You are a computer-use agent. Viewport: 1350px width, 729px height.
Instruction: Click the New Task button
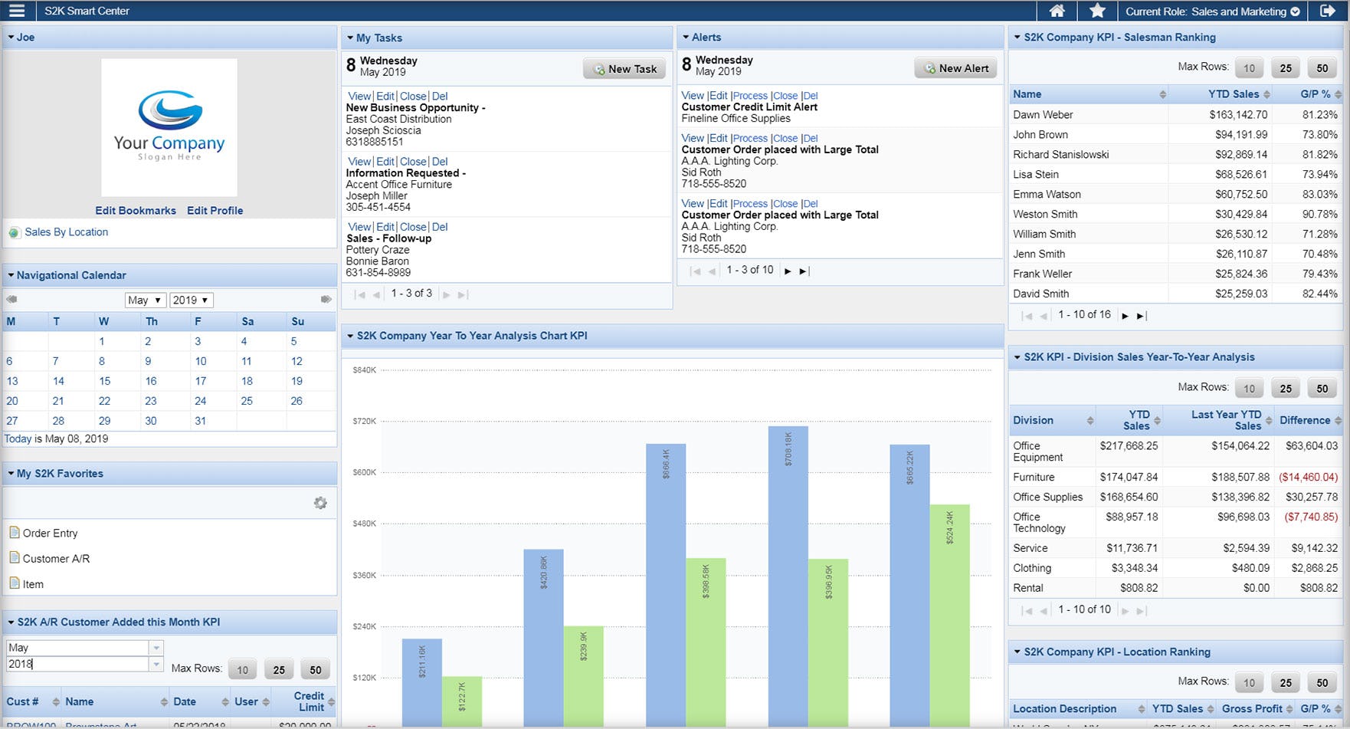pyautogui.click(x=624, y=69)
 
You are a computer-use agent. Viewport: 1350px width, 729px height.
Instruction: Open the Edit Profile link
pyautogui.click(x=215, y=211)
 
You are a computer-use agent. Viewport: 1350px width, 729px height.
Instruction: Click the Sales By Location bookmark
pyautogui.click(x=66, y=232)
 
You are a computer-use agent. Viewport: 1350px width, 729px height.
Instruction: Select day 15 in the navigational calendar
pyautogui.click(x=104, y=381)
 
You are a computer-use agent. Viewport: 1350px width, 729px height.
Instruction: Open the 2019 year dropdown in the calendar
pyautogui.click(x=191, y=300)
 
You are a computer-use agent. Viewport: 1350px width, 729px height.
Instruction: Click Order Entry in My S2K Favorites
pyautogui.click(x=50, y=534)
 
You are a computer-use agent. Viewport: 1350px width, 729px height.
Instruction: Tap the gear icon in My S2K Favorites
pyautogui.click(x=320, y=503)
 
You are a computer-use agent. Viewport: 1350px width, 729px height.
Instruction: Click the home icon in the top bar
pyautogui.click(x=1057, y=11)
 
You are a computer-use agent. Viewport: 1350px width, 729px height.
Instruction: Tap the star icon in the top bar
pyautogui.click(x=1097, y=11)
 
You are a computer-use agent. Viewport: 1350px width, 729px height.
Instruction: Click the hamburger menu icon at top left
pyautogui.click(x=16, y=11)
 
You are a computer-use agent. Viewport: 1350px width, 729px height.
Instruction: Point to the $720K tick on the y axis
pyautogui.click(x=364, y=422)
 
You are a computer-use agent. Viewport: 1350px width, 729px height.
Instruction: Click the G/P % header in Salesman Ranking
pyautogui.click(x=1315, y=94)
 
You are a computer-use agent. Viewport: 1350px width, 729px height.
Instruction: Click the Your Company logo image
pyautogui.click(x=169, y=127)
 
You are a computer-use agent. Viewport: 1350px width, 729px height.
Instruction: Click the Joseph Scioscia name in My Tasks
pyautogui.click(x=383, y=131)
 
